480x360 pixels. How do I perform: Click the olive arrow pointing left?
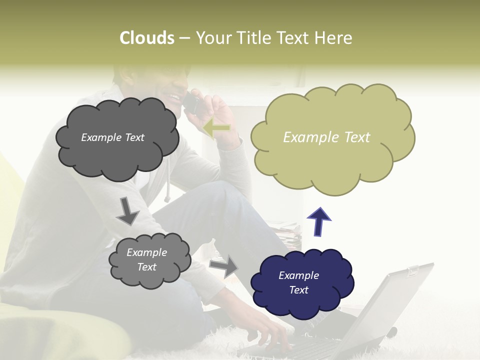pyautogui.click(x=217, y=127)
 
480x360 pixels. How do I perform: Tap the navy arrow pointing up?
pyautogui.click(x=318, y=221)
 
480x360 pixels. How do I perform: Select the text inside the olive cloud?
pyautogui.click(x=326, y=137)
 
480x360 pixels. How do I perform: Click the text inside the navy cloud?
pyautogui.click(x=298, y=282)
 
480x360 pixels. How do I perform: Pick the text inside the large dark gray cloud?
pyautogui.click(x=112, y=137)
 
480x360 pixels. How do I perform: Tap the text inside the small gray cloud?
pyautogui.click(x=146, y=259)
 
